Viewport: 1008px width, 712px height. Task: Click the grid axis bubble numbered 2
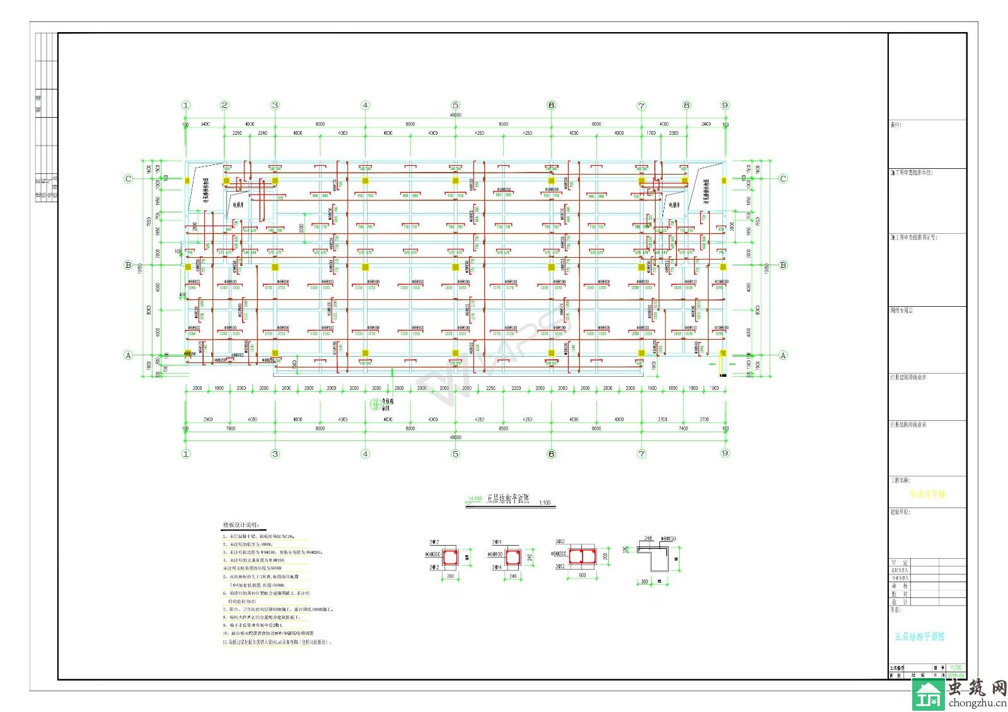point(224,105)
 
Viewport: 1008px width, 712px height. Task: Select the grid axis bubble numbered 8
point(686,105)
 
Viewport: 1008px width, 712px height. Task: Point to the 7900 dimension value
point(230,428)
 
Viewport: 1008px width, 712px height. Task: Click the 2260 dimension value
point(237,133)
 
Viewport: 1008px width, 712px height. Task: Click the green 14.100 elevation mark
point(473,498)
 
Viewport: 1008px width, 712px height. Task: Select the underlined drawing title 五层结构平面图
point(508,499)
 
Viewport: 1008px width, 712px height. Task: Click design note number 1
point(258,537)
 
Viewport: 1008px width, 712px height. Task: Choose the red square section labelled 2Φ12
point(450,558)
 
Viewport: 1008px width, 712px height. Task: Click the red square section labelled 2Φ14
point(513,558)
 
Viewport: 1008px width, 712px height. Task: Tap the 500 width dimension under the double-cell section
point(582,575)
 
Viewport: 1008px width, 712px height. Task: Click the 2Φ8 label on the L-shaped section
point(648,539)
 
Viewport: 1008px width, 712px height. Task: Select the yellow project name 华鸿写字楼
point(927,495)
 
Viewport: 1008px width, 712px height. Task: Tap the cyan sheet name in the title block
point(920,636)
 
